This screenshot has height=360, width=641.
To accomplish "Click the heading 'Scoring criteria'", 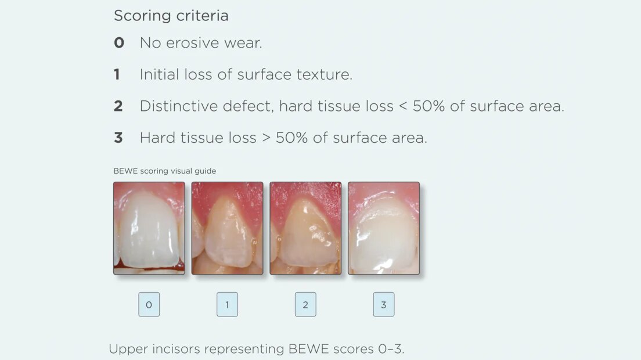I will (x=171, y=16).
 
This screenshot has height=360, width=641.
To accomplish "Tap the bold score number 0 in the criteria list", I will (x=119, y=43).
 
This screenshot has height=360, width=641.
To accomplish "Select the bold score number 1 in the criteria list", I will (x=117, y=74).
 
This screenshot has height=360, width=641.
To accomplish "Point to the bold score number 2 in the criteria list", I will (x=118, y=106).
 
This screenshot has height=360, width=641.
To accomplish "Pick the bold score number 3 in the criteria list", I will (x=118, y=138).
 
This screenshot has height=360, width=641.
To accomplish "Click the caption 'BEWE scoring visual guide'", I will (x=165, y=171).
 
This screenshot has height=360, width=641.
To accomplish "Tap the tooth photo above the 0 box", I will (x=149, y=228).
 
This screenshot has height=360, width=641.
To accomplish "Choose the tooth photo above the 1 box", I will (x=227, y=228).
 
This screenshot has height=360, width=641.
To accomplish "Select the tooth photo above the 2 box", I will (x=305, y=228).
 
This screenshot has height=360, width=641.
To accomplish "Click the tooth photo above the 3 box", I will (x=383, y=228).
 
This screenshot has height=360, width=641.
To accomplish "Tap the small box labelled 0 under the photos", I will (x=149, y=304).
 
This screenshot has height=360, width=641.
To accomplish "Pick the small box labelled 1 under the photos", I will (x=227, y=304).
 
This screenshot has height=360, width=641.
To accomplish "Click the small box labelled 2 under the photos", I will (x=305, y=304).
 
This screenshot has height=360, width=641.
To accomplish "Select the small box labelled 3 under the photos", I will (x=383, y=304).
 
